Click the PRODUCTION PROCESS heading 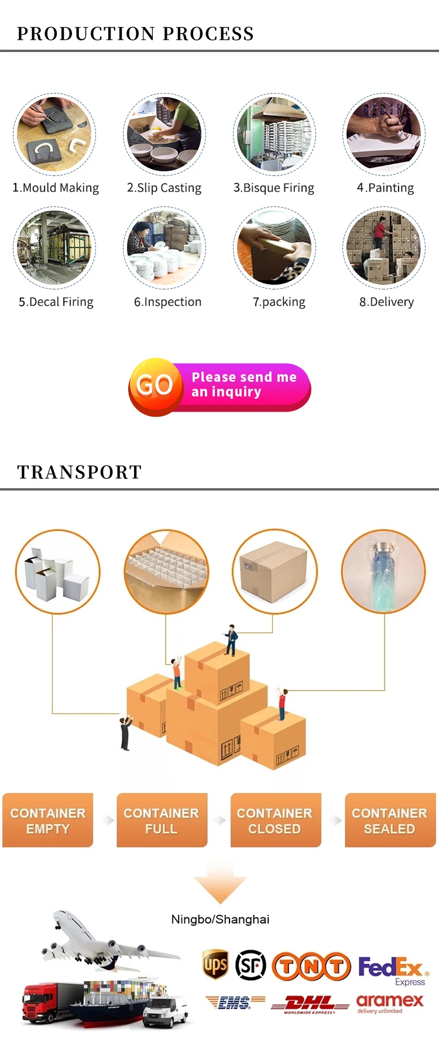(135, 34)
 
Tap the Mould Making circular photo (54, 134)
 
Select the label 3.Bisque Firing (274, 188)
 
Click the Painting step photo (384, 134)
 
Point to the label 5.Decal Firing (56, 302)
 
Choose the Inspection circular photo (164, 248)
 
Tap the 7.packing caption (279, 302)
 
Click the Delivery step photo (384, 248)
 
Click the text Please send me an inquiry (244, 384)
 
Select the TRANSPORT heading (80, 472)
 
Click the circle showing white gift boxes (57, 571)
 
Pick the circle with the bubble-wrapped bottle (384, 571)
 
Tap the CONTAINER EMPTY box (48, 820)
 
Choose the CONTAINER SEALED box (390, 820)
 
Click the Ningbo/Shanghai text (220, 919)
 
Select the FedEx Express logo (392, 969)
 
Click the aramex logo (389, 1002)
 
